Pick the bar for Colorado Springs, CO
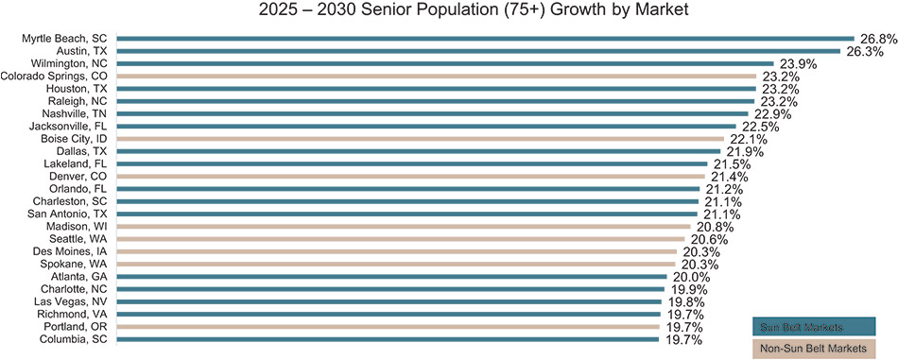[x=436, y=76]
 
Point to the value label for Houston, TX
[x=780, y=89]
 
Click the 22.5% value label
[x=760, y=127]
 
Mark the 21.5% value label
[x=744, y=164]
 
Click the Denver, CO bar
[x=411, y=177]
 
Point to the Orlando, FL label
[x=78, y=189]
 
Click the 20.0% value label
[x=691, y=277]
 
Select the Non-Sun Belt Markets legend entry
[x=814, y=350]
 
